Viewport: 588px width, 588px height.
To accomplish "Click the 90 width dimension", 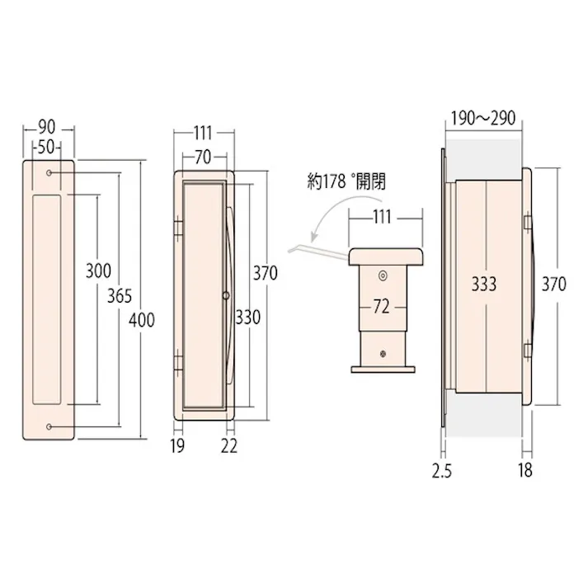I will click(x=47, y=128).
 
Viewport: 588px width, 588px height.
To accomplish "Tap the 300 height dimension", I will click(x=97, y=270).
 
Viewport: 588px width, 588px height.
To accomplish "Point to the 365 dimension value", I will click(x=119, y=297).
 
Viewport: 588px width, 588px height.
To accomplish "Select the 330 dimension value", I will click(x=247, y=317).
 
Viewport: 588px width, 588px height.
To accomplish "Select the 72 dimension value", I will click(x=381, y=307).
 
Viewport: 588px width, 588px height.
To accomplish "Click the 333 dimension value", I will click(x=485, y=285).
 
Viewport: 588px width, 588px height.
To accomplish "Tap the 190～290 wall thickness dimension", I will click(x=482, y=118).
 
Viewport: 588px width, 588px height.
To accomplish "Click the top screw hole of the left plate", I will click(x=51, y=172).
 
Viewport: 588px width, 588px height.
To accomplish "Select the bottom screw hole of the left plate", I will click(x=51, y=426).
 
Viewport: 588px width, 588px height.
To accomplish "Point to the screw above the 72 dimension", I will click(x=382, y=275).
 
